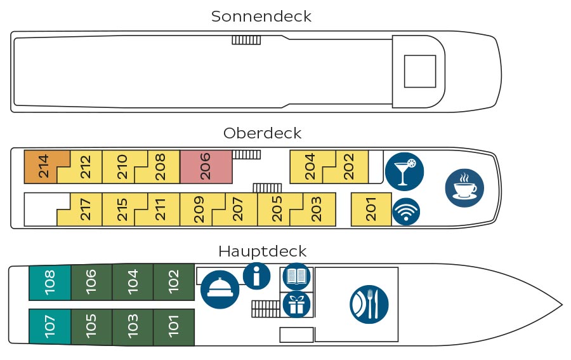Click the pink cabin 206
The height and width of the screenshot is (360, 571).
point(206,166)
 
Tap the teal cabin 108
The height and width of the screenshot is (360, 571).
point(50,283)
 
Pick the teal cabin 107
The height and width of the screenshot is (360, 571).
point(50,326)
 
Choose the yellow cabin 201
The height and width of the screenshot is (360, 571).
point(371,209)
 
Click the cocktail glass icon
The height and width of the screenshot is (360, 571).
point(404,171)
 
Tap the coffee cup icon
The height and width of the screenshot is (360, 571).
point(464,188)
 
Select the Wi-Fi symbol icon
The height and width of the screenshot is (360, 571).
point(406,211)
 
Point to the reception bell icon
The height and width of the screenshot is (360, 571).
point(220,290)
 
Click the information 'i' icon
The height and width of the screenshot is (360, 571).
point(257,276)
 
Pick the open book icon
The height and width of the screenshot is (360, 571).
point(297,277)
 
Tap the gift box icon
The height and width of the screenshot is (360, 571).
point(297,304)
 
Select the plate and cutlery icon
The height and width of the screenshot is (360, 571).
point(369,304)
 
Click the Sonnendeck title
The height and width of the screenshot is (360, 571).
point(261,17)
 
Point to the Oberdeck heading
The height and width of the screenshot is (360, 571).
point(262,133)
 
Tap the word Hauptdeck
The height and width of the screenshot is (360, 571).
point(262,251)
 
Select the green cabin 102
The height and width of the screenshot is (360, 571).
point(174,283)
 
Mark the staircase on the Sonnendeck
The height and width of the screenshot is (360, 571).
point(247,40)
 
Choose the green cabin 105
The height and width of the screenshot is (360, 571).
point(91,326)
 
